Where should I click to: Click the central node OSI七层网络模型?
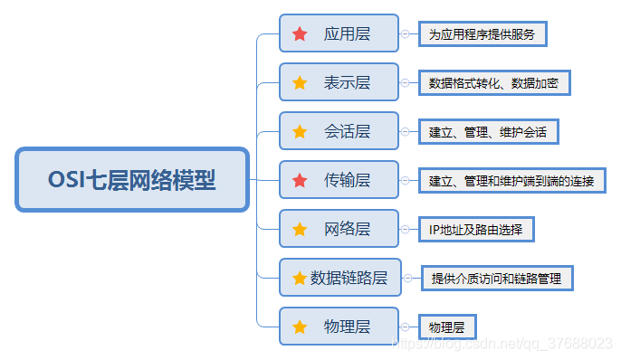[132, 179]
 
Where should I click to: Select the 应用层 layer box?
[339, 33]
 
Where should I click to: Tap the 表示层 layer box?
[339, 82]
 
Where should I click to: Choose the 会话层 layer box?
[339, 131]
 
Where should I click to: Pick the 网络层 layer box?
[339, 228]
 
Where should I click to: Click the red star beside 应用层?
[300, 34]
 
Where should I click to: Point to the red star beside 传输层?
[300, 180]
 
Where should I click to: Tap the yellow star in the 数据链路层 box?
[300, 278]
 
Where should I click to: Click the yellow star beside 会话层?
[300, 131]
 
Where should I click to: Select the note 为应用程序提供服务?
[482, 35]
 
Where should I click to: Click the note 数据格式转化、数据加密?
[493, 83]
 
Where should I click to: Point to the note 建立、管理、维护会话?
[488, 132]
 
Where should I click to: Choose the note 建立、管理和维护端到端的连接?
[511, 181]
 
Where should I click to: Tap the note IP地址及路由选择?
[475, 229]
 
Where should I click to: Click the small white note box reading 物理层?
[446, 327]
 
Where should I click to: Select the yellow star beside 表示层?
[300, 82]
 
